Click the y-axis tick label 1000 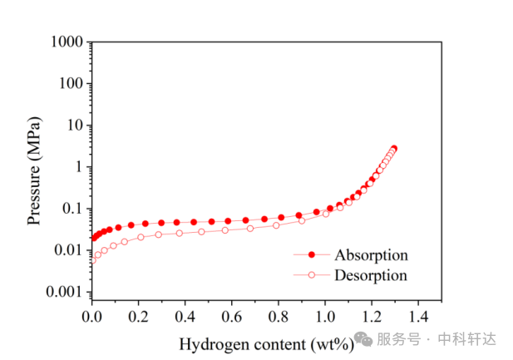pos(67,42)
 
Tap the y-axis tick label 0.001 pos(64,292)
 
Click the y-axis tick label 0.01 pos(67,250)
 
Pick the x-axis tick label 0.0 pos(91,317)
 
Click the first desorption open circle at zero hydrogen pos(92,259)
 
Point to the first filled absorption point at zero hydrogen pos(92,239)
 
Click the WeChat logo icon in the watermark pos(363,339)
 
